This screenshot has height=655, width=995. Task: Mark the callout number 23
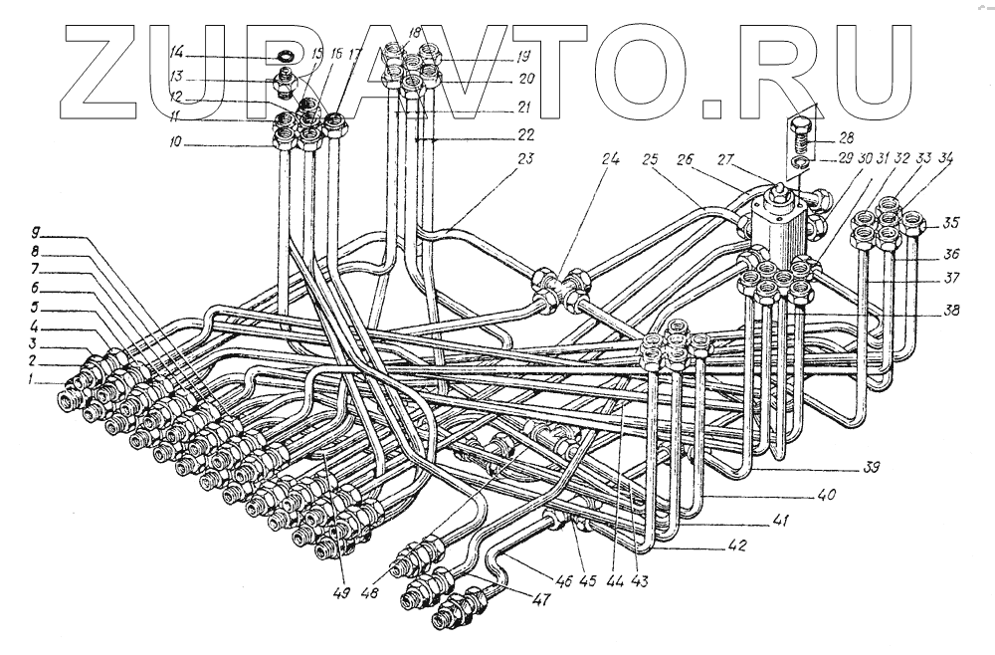[x=525, y=156]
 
